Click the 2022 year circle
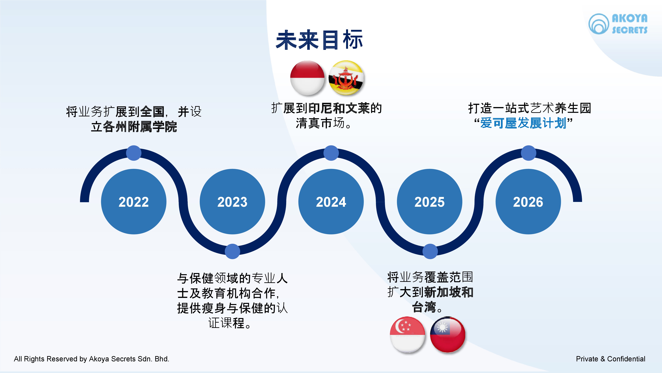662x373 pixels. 134,202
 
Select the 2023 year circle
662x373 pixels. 232,202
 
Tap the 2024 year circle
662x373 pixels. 331,202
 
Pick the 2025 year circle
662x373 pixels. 429,202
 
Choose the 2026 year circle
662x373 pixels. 528,202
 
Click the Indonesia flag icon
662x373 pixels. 307,78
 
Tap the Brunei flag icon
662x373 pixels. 346,78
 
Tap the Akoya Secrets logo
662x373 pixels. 618,24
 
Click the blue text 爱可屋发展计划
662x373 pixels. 523,123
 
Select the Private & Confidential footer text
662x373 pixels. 611,359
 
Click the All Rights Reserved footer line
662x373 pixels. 92,359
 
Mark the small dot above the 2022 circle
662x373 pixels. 134,153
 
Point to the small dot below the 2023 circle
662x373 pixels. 232,251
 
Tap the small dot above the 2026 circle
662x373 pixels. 528,153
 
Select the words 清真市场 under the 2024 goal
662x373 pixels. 320,123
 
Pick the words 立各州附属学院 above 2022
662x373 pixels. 134,127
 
